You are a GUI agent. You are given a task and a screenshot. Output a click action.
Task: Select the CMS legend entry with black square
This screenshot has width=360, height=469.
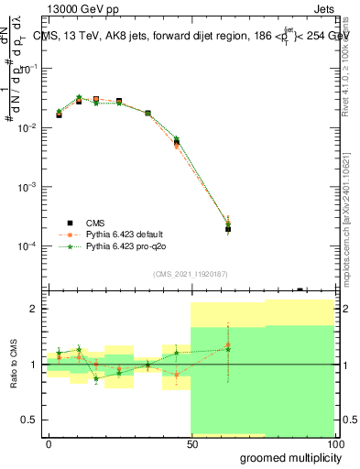click(97, 223)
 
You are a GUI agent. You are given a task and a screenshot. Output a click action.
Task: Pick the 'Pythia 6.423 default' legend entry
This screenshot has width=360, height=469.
click(127, 234)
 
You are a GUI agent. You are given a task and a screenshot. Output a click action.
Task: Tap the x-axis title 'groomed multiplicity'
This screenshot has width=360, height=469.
click(288, 456)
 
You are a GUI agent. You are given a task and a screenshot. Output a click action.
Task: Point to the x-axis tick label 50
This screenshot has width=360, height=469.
click(191, 442)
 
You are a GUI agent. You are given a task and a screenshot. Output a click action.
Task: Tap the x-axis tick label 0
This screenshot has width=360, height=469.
click(49, 442)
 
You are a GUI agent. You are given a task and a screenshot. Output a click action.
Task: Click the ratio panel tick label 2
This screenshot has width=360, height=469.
click(36, 309)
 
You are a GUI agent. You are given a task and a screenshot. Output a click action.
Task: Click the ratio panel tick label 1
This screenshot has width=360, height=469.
click(36, 365)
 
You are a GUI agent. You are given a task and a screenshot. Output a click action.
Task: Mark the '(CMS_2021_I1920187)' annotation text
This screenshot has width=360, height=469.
click(190, 273)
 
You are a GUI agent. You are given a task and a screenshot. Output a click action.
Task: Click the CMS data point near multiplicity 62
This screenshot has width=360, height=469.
click(227, 229)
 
